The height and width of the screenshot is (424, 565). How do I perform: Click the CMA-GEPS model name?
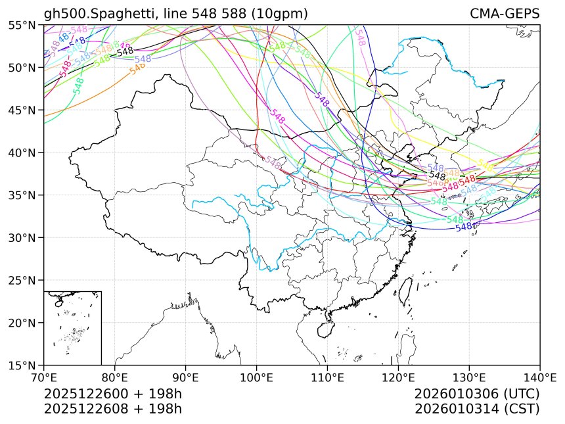point(505,14)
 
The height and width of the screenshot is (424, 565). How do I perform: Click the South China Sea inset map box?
point(72,327)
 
